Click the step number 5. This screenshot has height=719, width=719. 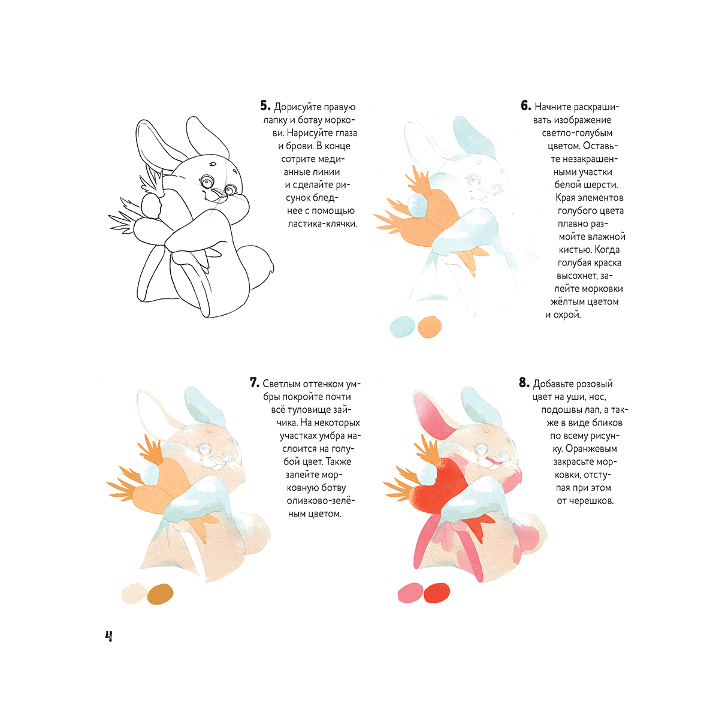[265, 106]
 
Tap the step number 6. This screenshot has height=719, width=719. [525, 106]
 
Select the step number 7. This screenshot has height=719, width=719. [255, 383]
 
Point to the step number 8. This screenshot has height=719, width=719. [524, 383]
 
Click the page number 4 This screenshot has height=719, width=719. [108, 636]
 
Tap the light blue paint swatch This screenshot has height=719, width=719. [402, 327]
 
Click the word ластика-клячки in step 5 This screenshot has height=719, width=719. [322, 224]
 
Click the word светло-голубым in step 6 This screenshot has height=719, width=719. [577, 133]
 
